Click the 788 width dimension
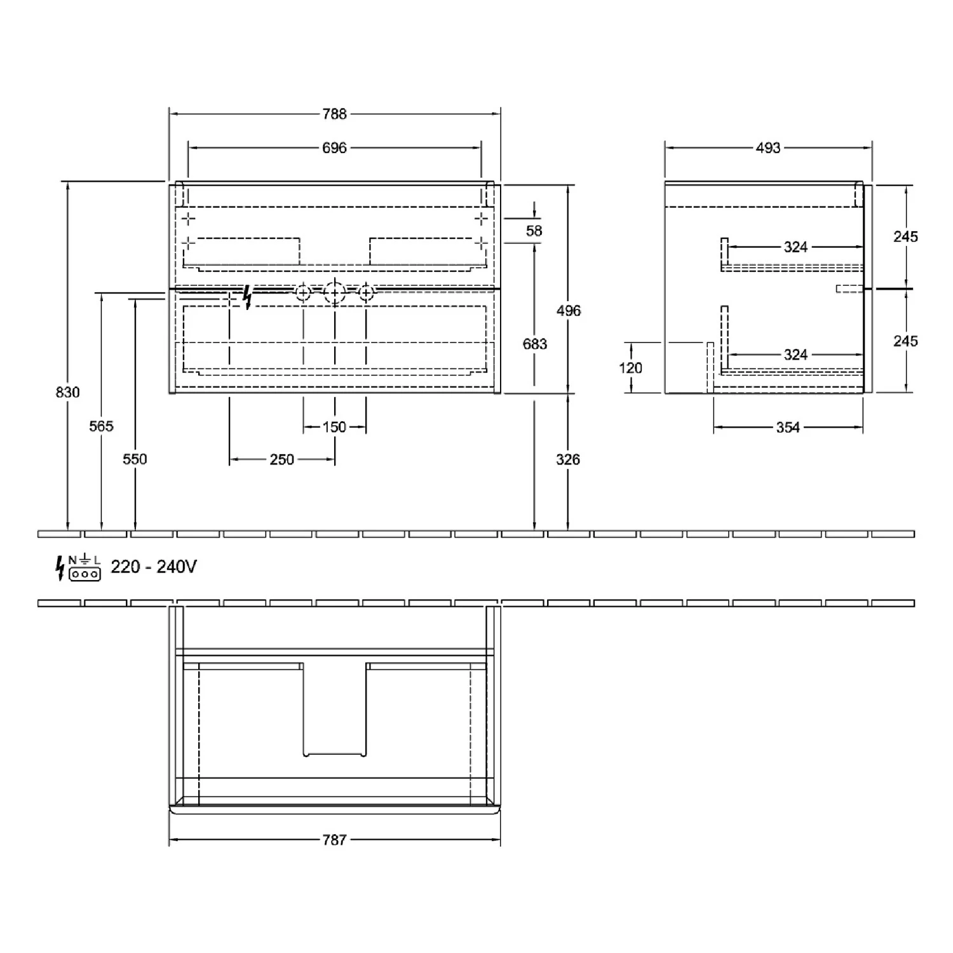(x=334, y=114)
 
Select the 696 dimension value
(x=334, y=148)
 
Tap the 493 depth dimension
(x=767, y=148)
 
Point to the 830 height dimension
(x=68, y=393)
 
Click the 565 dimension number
(x=101, y=426)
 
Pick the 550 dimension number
(x=135, y=459)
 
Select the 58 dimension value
(x=534, y=231)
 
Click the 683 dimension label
(x=534, y=344)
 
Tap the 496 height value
(x=569, y=311)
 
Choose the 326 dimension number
(x=568, y=459)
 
